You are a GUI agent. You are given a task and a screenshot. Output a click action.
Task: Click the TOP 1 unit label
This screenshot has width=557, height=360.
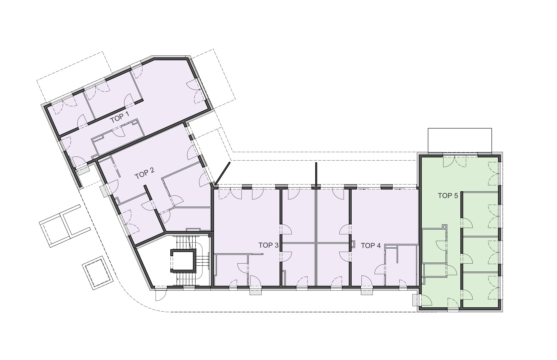coord(120,117)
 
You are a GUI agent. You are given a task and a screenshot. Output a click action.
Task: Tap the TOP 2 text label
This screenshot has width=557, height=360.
coord(144,173)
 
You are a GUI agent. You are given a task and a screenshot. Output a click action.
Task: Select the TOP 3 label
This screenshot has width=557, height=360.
coord(268,245)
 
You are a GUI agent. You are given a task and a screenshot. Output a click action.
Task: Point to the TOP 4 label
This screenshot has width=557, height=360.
coord(371,246)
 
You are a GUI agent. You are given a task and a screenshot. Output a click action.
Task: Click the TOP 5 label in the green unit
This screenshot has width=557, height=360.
coord(448,196)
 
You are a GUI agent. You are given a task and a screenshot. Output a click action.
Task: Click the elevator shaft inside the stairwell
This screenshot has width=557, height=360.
coord(182,261)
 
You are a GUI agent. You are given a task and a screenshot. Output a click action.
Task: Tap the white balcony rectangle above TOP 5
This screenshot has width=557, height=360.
coord(460,140)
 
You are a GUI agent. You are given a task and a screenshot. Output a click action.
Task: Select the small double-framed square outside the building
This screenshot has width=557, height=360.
coord(97,273)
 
